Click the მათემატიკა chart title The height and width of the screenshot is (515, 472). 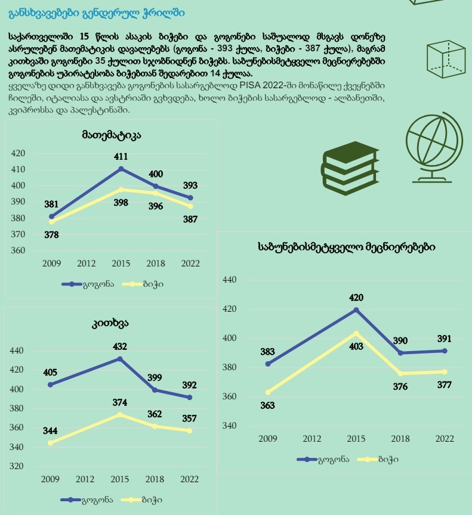click(112, 135)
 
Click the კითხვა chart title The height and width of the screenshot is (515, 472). click(110, 324)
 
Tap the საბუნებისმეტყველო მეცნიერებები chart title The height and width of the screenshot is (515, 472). click(347, 247)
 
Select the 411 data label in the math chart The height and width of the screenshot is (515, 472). click(121, 157)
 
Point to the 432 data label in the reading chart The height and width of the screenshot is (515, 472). click(120, 346)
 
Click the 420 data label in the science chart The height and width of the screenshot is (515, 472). click(356, 297)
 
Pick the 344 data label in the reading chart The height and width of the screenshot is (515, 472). click(50, 430)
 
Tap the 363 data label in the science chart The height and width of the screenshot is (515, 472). click(267, 405)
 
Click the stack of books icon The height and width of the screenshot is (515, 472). click(350, 168)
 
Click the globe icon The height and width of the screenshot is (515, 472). click(434, 147)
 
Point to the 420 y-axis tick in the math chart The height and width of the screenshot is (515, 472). click(18, 153)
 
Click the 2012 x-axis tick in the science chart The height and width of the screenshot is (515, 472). click(312, 439)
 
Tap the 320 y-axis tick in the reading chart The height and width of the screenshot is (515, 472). click(17, 466)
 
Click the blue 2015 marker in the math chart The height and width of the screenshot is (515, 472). click(121, 169)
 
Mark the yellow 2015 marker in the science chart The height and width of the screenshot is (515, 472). click(356, 334)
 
